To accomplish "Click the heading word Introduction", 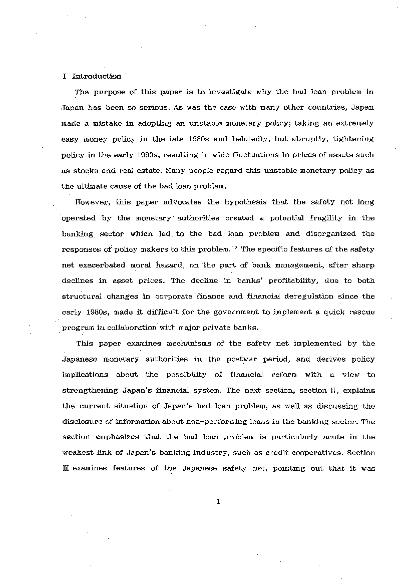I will click(x=97, y=77).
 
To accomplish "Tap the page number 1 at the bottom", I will click(x=218, y=501).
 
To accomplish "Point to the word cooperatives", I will click(x=305, y=453).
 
